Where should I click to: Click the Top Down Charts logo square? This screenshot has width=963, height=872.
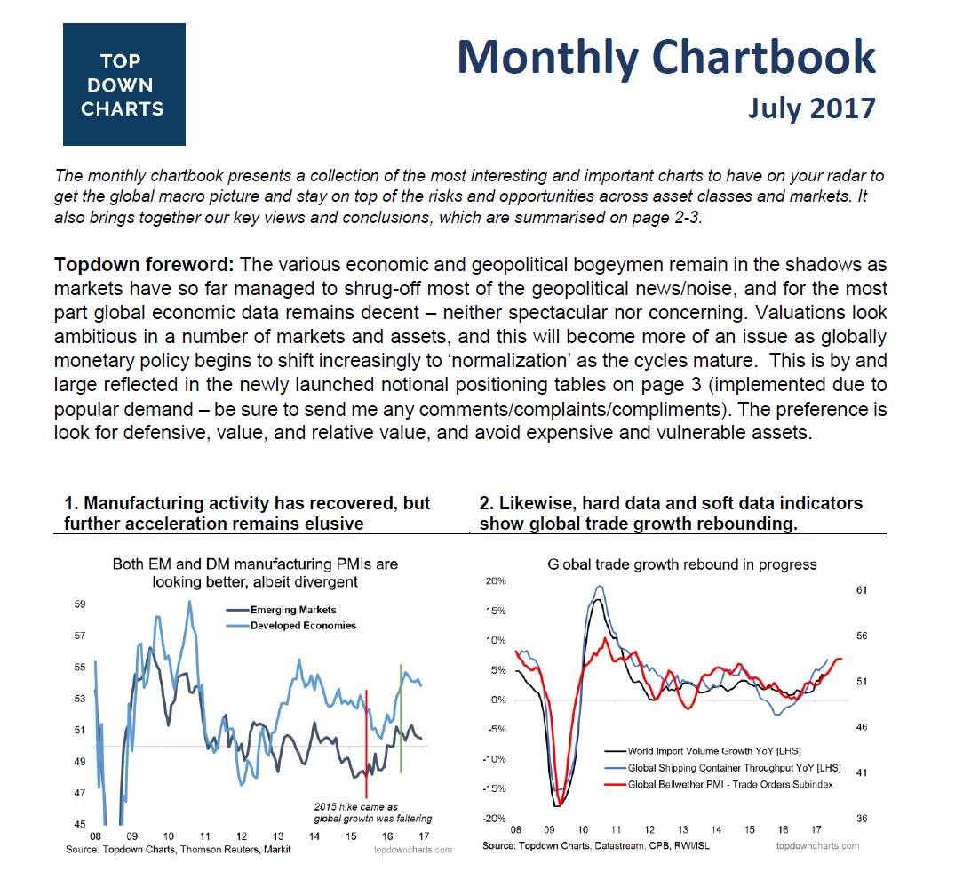(123, 84)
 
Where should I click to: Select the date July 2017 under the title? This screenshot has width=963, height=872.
(811, 108)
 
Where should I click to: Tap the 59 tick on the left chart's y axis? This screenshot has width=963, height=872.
(80, 604)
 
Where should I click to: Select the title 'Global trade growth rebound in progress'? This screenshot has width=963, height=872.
(681, 564)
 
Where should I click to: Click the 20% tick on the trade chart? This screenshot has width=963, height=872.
(496, 581)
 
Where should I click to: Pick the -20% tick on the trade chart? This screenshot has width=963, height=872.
(494, 819)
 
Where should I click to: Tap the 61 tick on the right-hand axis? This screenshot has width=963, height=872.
(862, 590)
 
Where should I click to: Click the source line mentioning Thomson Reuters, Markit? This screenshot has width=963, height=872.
(178, 850)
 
